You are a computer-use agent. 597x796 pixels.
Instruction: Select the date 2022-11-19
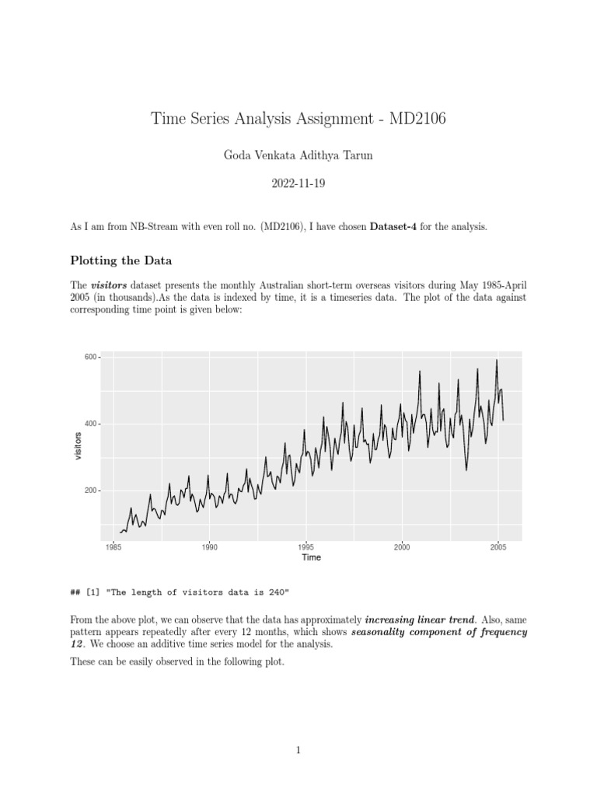point(298,185)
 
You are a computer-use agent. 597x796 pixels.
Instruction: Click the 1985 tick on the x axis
point(113,546)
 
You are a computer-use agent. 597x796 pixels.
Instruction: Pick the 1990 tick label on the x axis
point(209,546)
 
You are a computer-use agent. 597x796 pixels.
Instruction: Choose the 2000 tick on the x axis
point(402,546)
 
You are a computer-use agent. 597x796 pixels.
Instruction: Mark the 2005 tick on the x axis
point(498,546)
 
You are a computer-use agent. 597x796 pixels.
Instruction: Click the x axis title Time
point(311,557)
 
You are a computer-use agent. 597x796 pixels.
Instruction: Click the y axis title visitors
point(78,446)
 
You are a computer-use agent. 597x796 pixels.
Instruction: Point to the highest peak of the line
point(497,360)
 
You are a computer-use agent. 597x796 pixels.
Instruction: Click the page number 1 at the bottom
point(298,749)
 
